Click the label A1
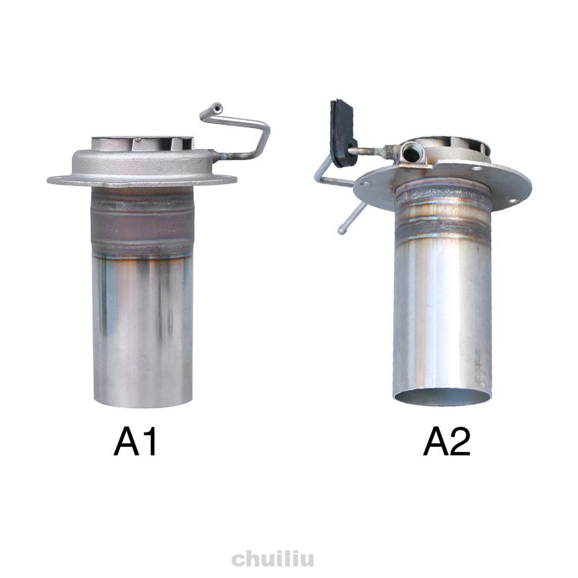click(x=136, y=443)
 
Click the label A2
click(x=446, y=443)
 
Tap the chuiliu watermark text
click(x=273, y=559)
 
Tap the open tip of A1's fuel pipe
click(x=216, y=107)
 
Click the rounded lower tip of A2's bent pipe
click(x=342, y=230)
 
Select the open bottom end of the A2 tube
click(x=442, y=397)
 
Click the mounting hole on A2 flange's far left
click(x=365, y=185)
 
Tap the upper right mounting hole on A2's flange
click(x=477, y=169)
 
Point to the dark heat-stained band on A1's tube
click(x=142, y=222)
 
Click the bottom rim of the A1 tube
click(x=142, y=403)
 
